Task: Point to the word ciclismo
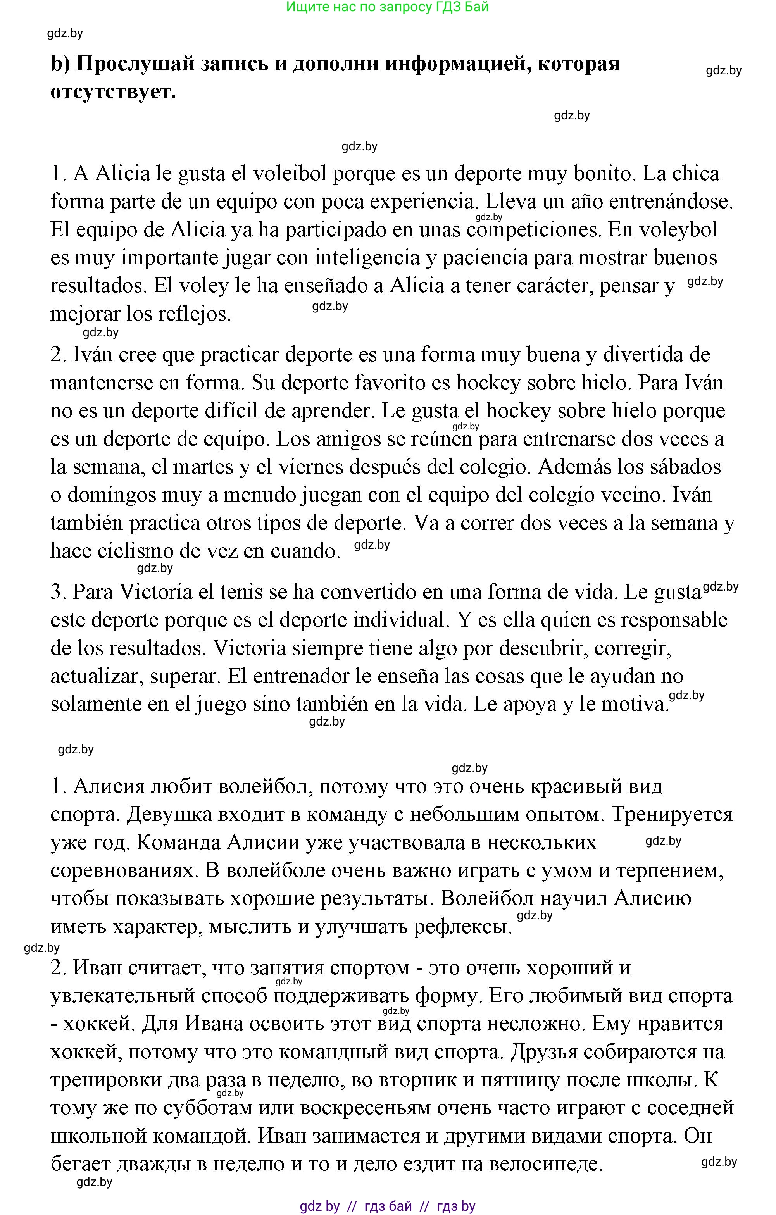(135, 551)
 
